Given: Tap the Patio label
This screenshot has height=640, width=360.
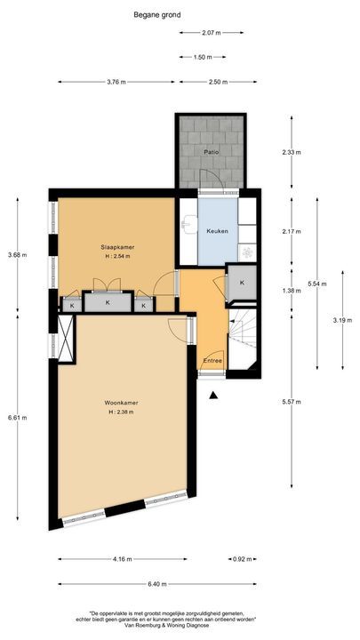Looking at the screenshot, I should point(211,152).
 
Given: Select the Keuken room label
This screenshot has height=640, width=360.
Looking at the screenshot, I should point(218,230).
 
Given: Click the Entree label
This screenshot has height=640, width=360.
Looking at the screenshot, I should point(212,361).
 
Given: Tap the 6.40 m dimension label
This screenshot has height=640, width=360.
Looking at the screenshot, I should point(156,583).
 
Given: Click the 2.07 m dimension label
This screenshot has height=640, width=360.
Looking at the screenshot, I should point(211,33).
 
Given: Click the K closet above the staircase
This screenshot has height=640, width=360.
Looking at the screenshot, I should point(242,282).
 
